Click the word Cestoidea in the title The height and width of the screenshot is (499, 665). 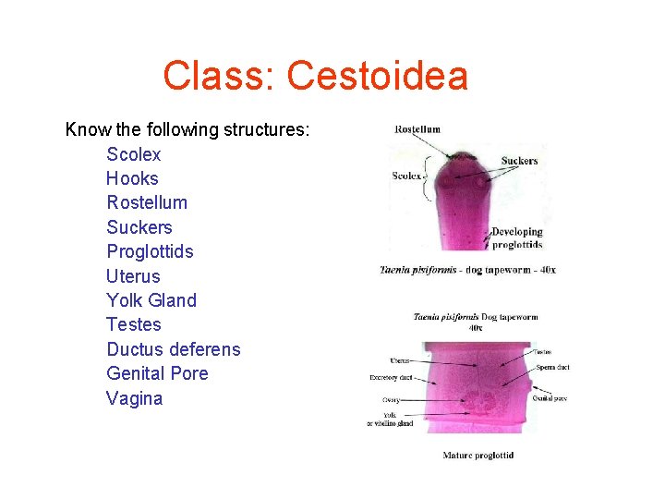tap(378, 76)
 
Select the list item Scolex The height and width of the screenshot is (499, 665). tap(133, 154)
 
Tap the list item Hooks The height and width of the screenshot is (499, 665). tap(132, 178)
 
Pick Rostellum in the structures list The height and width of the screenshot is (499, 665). tap(147, 202)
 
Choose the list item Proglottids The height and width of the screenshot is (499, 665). tap(150, 251)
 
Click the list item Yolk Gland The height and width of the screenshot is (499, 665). tap(151, 300)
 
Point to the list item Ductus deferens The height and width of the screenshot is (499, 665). tap(173, 349)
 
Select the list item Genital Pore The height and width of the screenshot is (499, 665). tap(157, 373)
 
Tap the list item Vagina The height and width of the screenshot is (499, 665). tap(134, 398)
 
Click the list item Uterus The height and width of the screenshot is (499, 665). tap(133, 276)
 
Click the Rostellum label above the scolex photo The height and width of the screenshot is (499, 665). tap(417, 129)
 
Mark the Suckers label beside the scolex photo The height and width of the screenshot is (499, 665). tap(519, 161)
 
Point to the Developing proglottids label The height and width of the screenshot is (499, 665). tap(517, 238)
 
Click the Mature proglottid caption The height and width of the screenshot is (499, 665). tap(478, 455)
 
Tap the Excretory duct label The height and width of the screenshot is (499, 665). tap(391, 378)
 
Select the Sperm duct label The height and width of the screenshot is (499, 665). tap(552, 367)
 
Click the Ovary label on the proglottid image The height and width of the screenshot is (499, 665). tap(391, 400)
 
